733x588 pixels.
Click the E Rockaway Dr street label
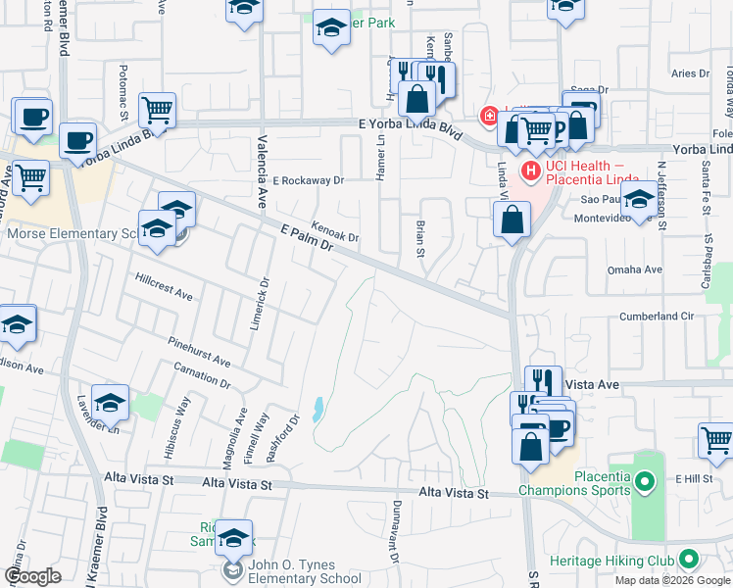(309, 180)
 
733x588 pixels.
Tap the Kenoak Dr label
(336, 231)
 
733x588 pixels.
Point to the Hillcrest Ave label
(165, 287)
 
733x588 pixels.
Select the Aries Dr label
(690, 73)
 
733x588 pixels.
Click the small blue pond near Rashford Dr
(318, 409)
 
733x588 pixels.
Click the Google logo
(32, 576)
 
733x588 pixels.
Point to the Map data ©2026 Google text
(671, 580)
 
